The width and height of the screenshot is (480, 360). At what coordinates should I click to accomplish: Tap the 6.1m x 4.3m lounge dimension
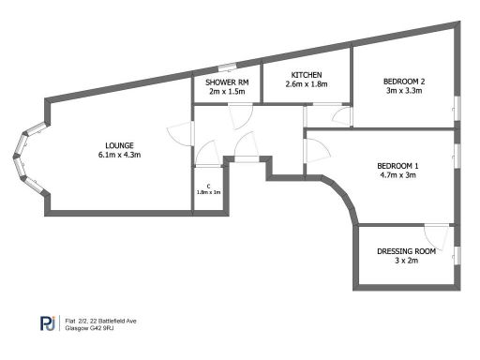coord(120,155)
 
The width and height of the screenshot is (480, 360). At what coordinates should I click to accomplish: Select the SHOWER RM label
coord(226,82)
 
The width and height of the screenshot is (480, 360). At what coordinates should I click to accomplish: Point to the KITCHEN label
coord(307,75)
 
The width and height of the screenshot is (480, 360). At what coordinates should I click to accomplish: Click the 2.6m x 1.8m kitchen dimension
coord(307,84)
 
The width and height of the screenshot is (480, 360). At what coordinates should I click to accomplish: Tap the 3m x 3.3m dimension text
coord(404,92)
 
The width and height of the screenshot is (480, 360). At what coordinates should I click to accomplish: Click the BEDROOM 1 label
coord(398,166)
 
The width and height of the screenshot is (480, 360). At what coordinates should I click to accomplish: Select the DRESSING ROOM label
coord(406,250)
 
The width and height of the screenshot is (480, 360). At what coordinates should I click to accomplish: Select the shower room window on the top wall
coord(226,67)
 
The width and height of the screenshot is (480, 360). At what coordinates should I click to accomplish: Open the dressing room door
coord(435,232)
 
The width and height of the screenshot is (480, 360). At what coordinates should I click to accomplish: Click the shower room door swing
coord(240,115)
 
